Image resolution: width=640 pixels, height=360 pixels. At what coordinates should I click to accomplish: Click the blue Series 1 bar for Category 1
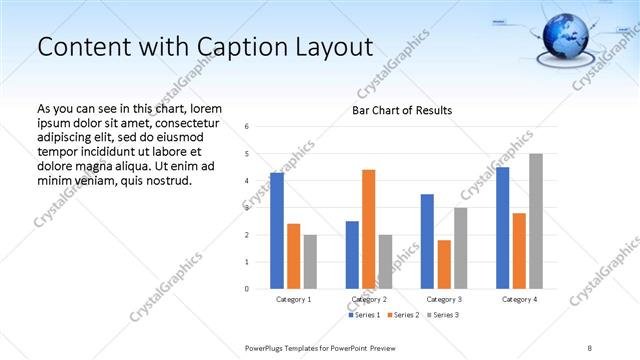(x=277, y=231)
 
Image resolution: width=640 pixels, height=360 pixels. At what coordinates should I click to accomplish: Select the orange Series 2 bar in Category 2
(x=368, y=229)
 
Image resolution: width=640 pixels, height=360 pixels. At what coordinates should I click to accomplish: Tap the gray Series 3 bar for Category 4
(x=536, y=221)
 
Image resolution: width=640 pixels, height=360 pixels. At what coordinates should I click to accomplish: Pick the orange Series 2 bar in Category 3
(x=444, y=264)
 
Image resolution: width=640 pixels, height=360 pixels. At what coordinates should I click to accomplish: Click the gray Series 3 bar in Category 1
(x=310, y=262)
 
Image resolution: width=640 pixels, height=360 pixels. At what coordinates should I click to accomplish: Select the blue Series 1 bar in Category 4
(x=502, y=228)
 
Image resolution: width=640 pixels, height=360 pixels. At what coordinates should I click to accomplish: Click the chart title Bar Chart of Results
(x=401, y=110)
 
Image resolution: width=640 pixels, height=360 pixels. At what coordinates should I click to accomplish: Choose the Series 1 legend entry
(x=362, y=316)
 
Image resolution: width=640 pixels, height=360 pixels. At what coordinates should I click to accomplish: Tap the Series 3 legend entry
(x=442, y=316)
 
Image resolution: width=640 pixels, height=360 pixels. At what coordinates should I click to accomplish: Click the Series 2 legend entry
(x=402, y=316)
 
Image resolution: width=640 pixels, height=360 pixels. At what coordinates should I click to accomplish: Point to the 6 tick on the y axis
(x=247, y=127)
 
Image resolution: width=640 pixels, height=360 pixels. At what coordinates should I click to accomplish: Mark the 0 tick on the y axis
(x=247, y=289)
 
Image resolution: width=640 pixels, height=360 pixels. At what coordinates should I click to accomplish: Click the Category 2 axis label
(x=369, y=299)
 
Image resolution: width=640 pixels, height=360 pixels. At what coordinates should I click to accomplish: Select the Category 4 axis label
(x=519, y=299)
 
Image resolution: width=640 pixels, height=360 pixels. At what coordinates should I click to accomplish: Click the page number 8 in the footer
(x=589, y=345)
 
